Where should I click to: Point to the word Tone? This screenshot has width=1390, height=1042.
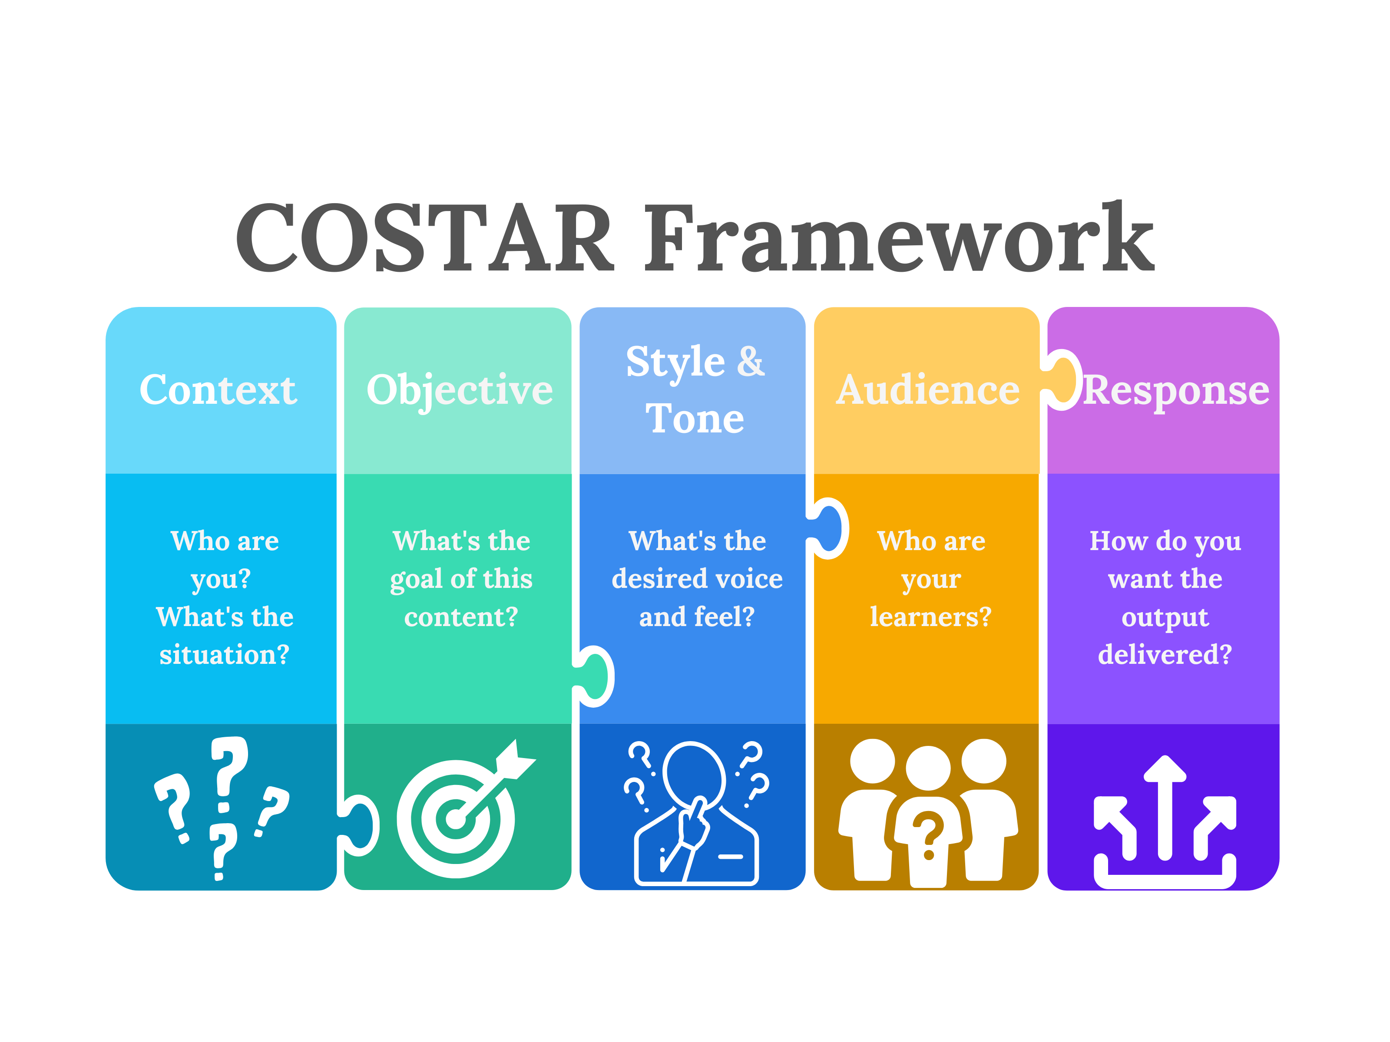click(695, 419)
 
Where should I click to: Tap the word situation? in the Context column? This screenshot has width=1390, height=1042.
click(224, 654)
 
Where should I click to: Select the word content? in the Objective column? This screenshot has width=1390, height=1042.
click(460, 617)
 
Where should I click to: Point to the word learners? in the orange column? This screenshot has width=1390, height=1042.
click(930, 617)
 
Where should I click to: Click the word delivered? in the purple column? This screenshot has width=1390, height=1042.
click(1165, 654)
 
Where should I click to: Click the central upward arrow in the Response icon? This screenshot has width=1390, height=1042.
click(1165, 807)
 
